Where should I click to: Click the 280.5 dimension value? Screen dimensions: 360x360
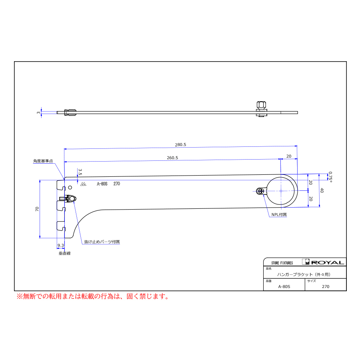(180, 145)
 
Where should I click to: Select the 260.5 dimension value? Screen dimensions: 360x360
(172, 158)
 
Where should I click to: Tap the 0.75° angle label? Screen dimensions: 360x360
(330, 177)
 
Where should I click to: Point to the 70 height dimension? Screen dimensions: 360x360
(37, 209)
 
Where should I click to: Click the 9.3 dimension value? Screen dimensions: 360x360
(61, 246)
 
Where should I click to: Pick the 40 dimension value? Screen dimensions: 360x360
(322, 190)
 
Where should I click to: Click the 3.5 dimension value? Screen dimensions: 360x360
(80, 172)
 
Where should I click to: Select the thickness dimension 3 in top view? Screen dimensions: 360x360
(38, 112)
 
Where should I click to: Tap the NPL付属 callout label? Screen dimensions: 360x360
(279, 214)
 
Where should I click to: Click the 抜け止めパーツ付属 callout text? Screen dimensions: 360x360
(102, 242)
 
